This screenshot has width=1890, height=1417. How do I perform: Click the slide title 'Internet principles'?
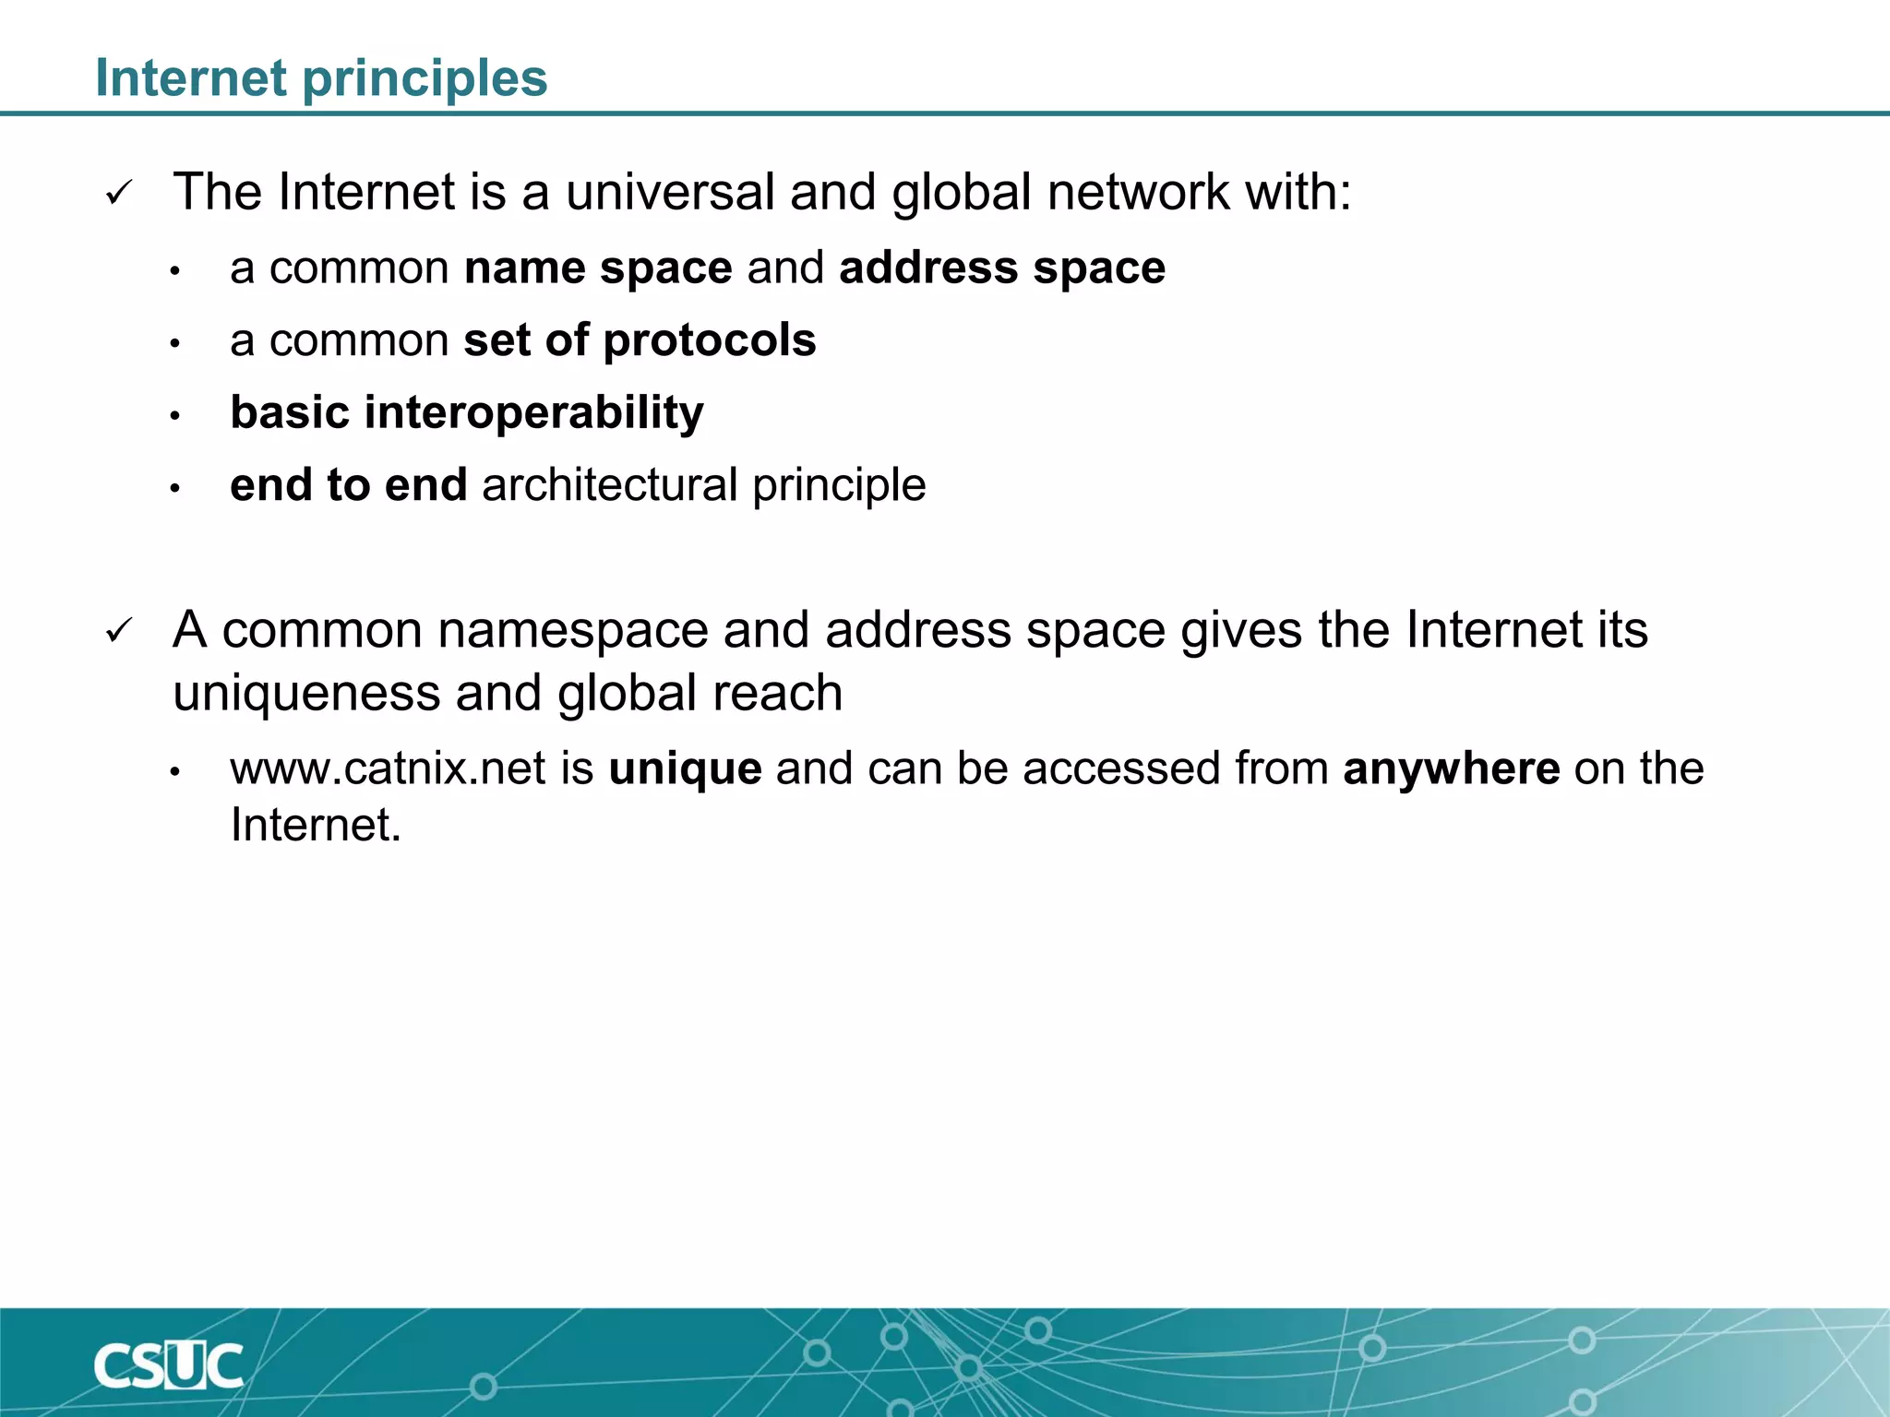[x=321, y=78]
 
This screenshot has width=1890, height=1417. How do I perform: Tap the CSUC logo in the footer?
[x=169, y=1366]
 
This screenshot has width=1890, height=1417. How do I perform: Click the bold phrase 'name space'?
[x=598, y=268]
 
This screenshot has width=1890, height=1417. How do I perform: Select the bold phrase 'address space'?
[x=1002, y=268]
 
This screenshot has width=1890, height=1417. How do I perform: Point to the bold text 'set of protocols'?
[x=640, y=340]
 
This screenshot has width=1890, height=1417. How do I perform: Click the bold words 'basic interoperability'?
[x=467, y=412]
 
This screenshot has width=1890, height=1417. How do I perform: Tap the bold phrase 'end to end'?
[x=349, y=485]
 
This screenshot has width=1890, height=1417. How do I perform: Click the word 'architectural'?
[x=609, y=485]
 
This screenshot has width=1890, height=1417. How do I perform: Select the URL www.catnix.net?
[x=389, y=768]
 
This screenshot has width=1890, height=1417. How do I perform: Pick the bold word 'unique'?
[x=685, y=768]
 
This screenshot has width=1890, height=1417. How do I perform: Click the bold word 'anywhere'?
[x=1452, y=768]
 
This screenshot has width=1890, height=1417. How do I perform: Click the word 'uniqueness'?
[x=306, y=694]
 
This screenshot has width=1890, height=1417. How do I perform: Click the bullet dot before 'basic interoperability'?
[x=174, y=416]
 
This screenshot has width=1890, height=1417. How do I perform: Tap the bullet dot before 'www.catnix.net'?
[x=174, y=771]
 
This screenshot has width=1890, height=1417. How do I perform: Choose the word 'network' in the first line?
[x=1138, y=193]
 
